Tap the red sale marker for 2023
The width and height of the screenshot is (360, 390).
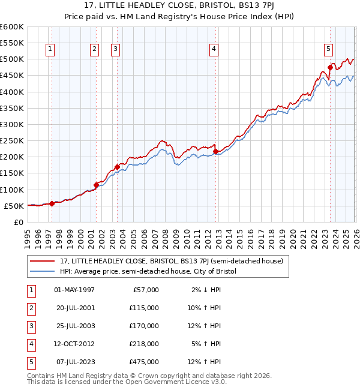pos(330,67)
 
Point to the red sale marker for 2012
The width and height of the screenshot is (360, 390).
pos(215,151)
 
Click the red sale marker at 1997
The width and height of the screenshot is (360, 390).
pos(52,203)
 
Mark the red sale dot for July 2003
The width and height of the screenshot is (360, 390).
pos(117,167)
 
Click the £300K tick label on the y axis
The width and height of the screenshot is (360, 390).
pos(11,124)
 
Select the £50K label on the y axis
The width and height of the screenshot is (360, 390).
pos(14,206)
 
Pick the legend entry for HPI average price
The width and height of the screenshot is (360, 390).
pos(148,271)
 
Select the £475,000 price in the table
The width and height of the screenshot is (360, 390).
pos(144,362)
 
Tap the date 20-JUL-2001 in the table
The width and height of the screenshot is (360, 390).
pos(74,308)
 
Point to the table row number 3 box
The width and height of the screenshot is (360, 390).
pos(30,326)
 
